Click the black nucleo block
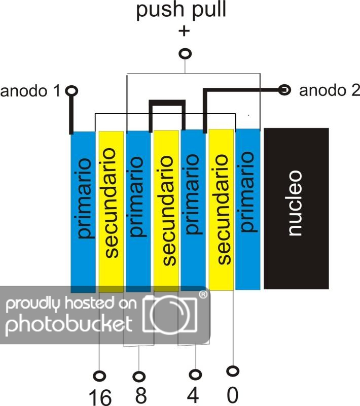click(x=296, y=209)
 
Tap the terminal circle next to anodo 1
click(x=72, y=91)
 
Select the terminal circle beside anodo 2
click(x=285, y=90)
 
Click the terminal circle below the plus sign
click(x=186, y=53)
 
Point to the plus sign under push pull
click(x=184, y=31)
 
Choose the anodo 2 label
click(x=329, y=91)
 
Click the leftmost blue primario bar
click(x=83, y=203)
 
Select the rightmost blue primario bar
click(x=248, y=203)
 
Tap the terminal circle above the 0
click(x=232, y=371)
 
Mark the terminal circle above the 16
click(x=100, y=376)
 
